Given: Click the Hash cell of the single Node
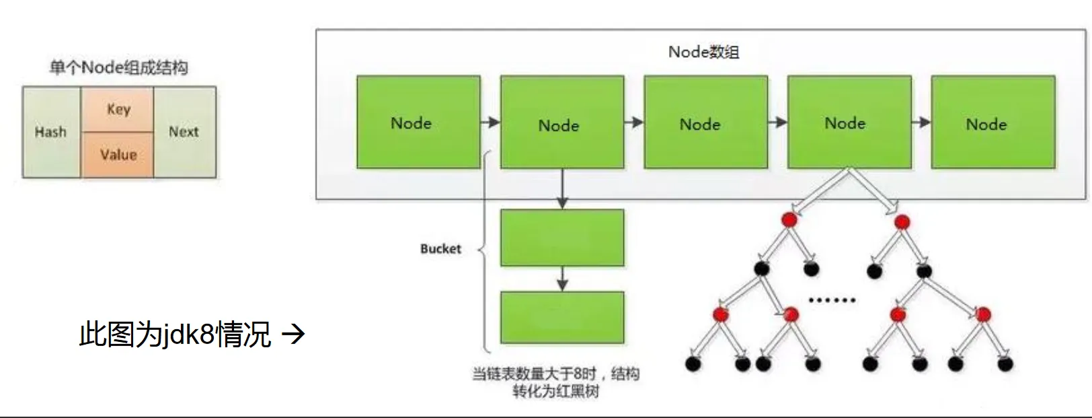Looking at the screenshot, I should coord(51,132).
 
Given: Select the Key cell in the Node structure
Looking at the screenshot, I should coord(118,109).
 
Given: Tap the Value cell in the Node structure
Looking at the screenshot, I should coord(118,155).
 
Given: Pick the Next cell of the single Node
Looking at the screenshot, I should coord(184,132).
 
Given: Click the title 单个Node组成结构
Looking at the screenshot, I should coord(119,67).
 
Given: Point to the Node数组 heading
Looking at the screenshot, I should coord(703,52).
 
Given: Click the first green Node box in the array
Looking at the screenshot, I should coord(418,122).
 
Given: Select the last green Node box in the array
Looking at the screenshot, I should coord(992,122).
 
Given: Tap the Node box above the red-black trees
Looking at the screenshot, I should coord(849,122).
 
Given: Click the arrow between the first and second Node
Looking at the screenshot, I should coord(490,123).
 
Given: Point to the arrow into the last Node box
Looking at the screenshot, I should coord(921,123).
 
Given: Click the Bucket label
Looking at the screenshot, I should coord(440,249).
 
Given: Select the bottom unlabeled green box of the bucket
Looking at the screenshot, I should coord(562,318).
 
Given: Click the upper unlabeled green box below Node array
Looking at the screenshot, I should coord(562,238).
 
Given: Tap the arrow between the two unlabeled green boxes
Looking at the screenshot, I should coord(562,279).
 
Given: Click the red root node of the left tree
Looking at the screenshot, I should coord(789,219).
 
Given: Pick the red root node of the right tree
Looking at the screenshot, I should coord(902,221).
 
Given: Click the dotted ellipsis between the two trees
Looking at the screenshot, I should coord(832,300).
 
